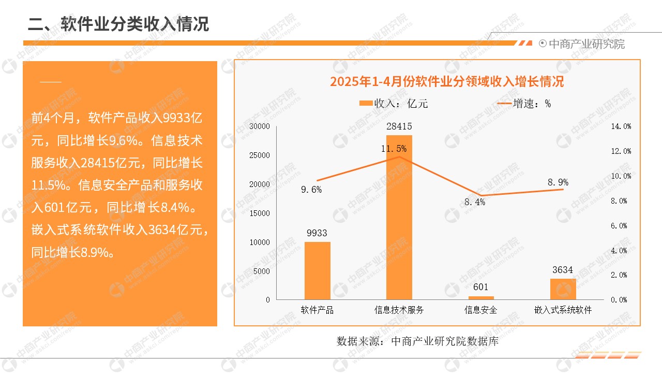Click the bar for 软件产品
(317, 270)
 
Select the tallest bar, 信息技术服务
(399, 217)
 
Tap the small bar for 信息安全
(481, 298)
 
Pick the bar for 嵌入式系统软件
(563, 289)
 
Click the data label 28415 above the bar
(399, 126)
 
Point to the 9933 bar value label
(317, 233)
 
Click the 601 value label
(481, 288)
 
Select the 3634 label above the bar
(563, 270)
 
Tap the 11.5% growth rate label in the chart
(394, 149)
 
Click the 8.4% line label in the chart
(475, 203)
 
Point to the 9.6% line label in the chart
(311, 190)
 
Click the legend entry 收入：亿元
(394, 104)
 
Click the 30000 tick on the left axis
(260, 126)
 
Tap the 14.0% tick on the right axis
(621, 126)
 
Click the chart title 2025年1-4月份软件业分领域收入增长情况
(447, 82)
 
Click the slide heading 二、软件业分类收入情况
(118, 24)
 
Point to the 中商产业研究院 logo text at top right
(586, 44)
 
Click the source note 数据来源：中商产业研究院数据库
(417, 341)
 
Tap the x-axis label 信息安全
(481, 310)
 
